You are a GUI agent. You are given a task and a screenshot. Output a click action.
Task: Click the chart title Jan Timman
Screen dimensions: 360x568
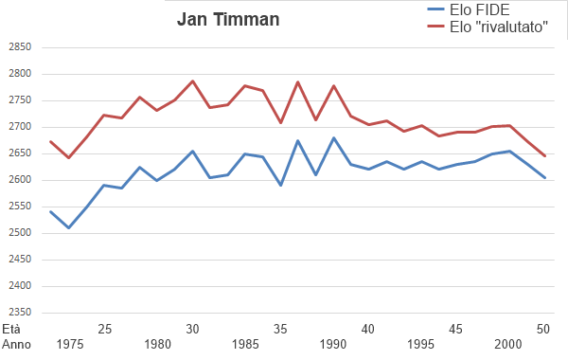coord(227,20)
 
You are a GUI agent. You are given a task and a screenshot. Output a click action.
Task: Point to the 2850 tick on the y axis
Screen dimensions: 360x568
coord(19,47)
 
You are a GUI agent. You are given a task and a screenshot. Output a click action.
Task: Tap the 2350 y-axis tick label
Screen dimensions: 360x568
coord(19,313)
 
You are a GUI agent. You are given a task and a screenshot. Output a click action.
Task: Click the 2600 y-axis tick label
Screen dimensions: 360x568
coord(19,180)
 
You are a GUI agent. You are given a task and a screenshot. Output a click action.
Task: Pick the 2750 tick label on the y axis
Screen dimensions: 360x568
coord(19,100)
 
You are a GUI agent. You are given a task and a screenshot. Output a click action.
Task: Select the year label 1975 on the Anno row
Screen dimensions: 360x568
coord(69,345)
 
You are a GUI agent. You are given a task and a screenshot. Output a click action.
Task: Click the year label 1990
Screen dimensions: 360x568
coord(332,345)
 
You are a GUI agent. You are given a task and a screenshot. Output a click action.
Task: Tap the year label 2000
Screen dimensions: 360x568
coord(507,345)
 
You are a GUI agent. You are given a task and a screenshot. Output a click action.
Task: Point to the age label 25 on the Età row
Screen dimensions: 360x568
coord(105,329)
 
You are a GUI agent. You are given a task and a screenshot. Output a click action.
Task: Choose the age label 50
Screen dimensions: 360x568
coord(543,329)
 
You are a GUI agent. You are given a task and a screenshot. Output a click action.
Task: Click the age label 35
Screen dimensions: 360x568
coord(280,329)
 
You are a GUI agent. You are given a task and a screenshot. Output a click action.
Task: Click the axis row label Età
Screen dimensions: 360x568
coord(10,329)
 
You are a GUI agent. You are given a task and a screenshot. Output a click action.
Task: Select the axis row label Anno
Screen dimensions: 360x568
coord(16,345)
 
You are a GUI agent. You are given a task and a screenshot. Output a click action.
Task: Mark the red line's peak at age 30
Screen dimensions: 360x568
coord(192,81)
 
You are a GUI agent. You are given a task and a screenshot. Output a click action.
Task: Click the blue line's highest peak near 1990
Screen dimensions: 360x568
coord(333,138)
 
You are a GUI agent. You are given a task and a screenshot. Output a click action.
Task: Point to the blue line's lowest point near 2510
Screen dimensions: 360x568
coord(69,227)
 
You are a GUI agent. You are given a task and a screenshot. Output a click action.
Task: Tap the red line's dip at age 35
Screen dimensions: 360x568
coord(280,122)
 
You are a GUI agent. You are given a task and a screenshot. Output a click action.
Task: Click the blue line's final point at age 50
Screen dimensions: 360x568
coord(544,177)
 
